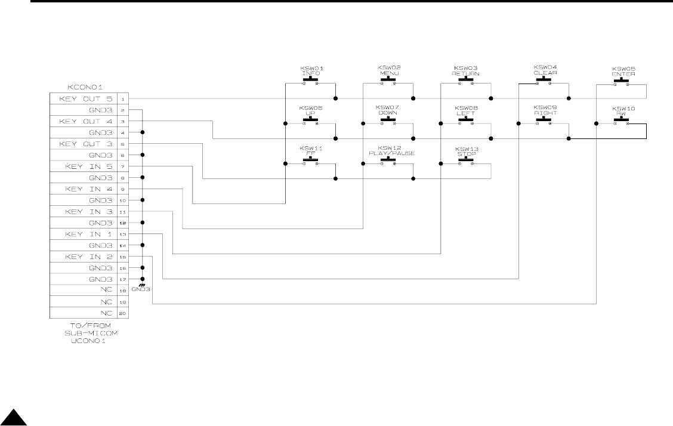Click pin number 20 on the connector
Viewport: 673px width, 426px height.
click(122, 313)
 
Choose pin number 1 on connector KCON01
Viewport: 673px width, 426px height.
click(122, 99)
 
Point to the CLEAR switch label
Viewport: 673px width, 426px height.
click(545, 73)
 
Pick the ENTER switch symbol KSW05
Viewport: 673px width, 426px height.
click(622, 81)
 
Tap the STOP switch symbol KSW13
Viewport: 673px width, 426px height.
click(465, 160)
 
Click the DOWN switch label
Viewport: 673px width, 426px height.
click(388, 113)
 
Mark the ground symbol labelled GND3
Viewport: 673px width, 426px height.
click(142, 286)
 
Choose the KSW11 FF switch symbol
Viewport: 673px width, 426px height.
click(310, 160)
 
